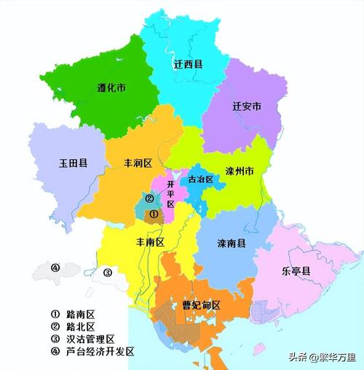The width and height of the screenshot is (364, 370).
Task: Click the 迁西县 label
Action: tap(189, 64)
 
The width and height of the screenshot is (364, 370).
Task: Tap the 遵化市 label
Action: tap(111, 88)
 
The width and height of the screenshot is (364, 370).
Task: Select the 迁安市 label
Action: tap(247, 107)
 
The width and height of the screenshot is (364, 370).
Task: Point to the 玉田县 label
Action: tap(73, 163)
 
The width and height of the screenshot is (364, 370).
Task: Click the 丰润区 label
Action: tap(138, 164)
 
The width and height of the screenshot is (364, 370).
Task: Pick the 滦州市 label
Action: tap(238, 172)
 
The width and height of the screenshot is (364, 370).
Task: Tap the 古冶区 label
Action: tap(200, 179)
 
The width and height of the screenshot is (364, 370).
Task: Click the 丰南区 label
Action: tap(149, 241)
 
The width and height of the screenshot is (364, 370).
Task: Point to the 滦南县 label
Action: tap(232, 242)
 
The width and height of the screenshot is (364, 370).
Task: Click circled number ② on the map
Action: tap(149, 198)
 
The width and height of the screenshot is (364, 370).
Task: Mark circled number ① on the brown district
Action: tap(154, 214)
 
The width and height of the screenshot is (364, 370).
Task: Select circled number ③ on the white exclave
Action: tap(107, 273)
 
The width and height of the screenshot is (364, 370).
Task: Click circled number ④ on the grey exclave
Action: tap(55, 267)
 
